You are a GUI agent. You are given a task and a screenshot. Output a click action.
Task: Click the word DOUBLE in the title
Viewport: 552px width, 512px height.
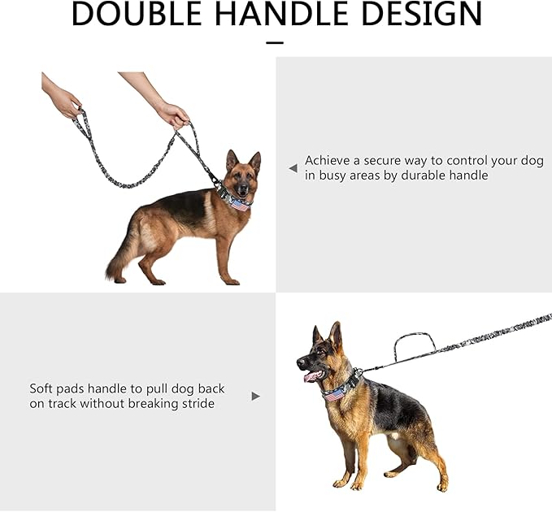point(136,13)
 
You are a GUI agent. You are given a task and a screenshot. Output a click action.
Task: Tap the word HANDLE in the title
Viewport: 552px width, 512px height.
point(280,13)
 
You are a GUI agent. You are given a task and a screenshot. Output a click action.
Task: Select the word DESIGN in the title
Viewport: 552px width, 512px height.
point(421,13)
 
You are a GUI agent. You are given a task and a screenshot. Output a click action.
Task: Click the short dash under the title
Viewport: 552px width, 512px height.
point(275,43)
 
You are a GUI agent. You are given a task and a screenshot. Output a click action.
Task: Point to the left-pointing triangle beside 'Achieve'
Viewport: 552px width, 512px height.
point(293,168)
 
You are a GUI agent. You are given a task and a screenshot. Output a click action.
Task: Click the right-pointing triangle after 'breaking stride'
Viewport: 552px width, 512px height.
point(256,397)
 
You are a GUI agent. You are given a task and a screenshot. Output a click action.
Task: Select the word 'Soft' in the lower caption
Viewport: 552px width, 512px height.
point(41,388)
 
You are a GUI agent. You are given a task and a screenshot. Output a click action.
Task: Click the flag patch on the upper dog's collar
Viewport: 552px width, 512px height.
point(239,205)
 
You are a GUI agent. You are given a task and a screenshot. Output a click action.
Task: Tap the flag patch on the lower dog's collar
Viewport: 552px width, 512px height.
point(334,395)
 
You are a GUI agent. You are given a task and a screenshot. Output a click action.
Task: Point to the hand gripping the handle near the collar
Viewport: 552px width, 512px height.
point(173,115)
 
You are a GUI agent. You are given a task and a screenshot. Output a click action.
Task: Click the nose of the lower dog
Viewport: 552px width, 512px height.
point(301,362)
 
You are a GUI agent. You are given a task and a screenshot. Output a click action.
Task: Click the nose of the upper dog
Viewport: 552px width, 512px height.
point(242,189)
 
